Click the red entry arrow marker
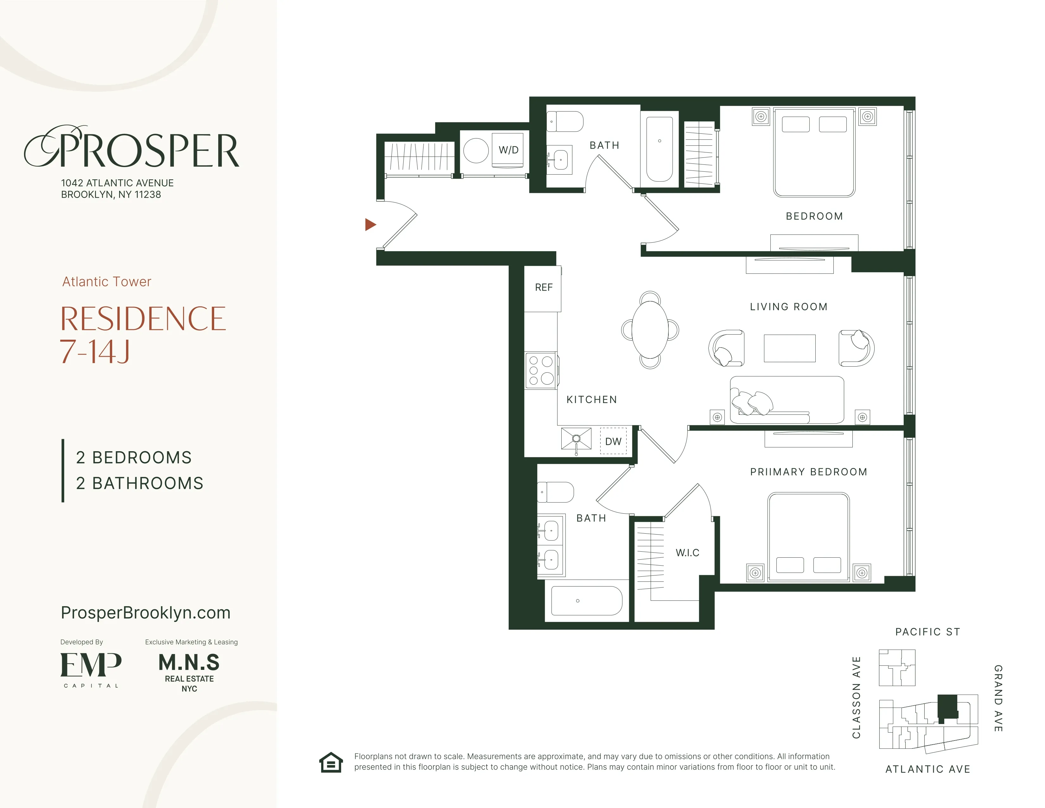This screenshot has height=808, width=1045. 370,225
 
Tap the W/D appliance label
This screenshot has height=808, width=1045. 508,150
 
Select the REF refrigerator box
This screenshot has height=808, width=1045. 543,288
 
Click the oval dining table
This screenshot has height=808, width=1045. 650,330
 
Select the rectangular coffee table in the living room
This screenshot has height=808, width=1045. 789,348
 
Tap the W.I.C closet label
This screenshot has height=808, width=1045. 687,553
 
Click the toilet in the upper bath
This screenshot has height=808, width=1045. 565,122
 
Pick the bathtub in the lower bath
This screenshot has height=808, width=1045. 587,601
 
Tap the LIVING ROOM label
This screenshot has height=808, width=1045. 788,307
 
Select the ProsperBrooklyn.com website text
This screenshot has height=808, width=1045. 145,613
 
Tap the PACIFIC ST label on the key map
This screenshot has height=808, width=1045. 927,632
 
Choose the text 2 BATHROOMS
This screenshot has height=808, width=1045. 140,484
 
